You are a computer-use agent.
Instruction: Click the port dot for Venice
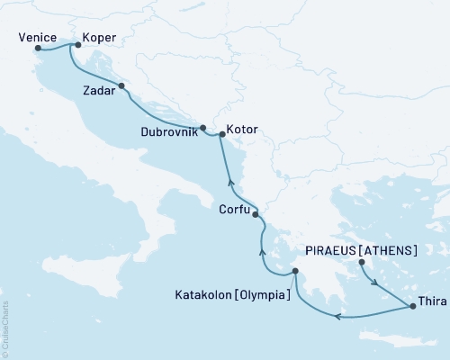click(x=38, y=49)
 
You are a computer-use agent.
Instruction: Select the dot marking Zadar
click(x=121, y=87)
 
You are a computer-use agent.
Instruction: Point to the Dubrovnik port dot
click(x=203, y=127)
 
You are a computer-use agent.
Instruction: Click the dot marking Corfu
click(x=256, y=214)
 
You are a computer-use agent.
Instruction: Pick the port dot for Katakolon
click(x=295, y=272)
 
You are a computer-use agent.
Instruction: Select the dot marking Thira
click(x=412, y=307)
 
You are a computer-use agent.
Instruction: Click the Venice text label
click(x=32, y=38)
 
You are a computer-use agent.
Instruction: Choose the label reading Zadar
click(x=99, y=92)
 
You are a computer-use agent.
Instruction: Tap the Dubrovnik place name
click(x=168, y=131)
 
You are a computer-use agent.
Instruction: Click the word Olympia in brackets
click(x=263, y=294)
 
